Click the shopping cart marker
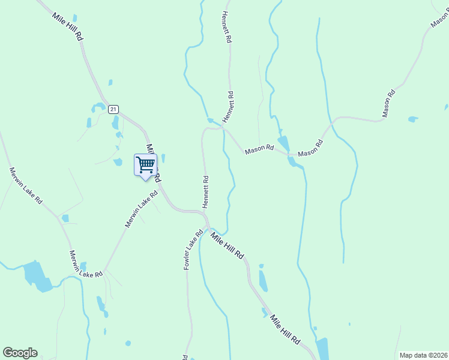coord(145,164)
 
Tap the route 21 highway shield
coord(113,109)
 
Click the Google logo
coord(20,353)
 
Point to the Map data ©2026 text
coord(423,355)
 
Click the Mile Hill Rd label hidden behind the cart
coord(154,162)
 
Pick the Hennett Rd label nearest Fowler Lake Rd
coord(205,191)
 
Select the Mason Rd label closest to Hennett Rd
coord(259,149)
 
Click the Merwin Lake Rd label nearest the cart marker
coord(141,209)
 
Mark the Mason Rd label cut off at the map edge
coord(440,17)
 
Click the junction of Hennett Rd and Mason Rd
coord(223,127)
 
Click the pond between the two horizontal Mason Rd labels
coord(284,144)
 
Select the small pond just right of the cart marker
coord(163,158)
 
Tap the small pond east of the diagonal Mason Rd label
coord(412,119)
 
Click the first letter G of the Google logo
coord(8,352)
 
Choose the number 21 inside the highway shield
coord(113,109)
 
